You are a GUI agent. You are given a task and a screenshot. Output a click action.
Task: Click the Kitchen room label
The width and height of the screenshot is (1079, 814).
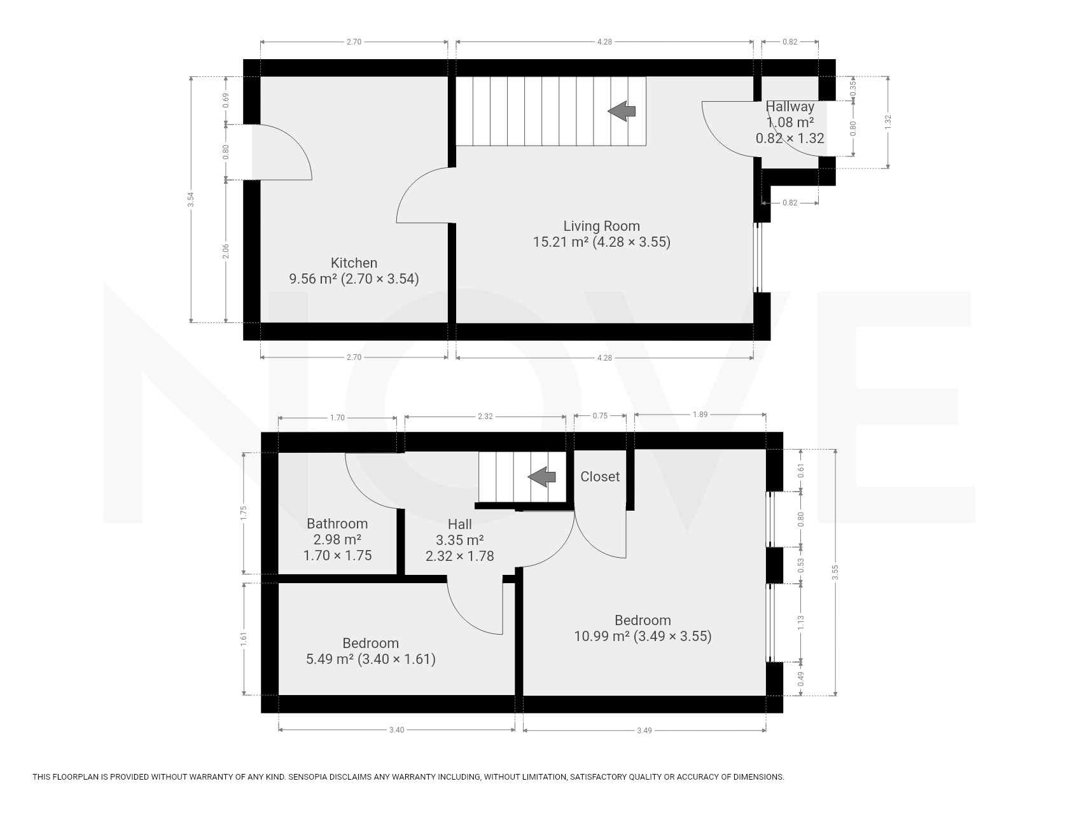(x=354, y=263)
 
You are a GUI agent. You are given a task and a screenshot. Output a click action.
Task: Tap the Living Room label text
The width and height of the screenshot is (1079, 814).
(x=602, y=226)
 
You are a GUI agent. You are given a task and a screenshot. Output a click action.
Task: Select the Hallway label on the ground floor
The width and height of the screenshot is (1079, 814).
(x=790, y=106)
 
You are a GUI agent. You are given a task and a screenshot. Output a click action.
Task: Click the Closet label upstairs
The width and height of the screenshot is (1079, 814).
(x=600, y=476)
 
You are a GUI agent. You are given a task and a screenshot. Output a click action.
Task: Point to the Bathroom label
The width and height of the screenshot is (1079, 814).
(x=337, y=523)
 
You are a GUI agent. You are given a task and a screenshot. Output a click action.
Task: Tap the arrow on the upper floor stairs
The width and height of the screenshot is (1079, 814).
(x=542, y=476)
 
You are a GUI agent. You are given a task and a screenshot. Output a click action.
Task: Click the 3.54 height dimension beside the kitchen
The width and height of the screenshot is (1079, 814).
(x=191, y=200)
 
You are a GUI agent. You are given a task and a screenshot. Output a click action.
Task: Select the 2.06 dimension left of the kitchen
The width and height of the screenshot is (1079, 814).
(x=226, y=251)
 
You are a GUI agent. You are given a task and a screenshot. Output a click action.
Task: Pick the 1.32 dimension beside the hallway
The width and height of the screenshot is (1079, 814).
(x=888, y=122)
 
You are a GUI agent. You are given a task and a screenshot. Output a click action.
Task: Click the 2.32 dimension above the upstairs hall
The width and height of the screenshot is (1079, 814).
(x=485, y=417)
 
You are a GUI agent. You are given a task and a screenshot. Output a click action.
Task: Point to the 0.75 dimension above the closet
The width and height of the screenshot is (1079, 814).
(x=600, y=415)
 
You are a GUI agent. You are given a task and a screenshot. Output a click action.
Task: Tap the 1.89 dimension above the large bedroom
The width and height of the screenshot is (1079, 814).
(x=700, y=415)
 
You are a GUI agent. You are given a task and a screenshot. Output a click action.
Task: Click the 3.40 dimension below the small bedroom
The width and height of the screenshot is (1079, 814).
(x=396, y=730)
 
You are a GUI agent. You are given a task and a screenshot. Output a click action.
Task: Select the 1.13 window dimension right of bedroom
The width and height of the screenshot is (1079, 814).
(x=801, y=623)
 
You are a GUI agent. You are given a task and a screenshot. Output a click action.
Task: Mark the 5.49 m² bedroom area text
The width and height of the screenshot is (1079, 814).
(x=330, y=659)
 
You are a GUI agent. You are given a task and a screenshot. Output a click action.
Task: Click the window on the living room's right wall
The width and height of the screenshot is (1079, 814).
(x=757, y=257)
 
